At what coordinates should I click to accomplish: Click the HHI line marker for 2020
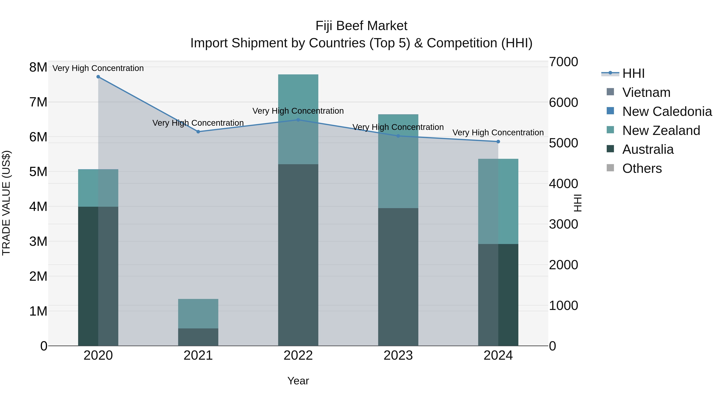tap(98, 77)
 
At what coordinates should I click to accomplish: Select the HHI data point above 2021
tap(198, 132)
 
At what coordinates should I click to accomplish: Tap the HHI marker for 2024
tap(498, 142)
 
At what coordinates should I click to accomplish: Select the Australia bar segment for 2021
tap(198, 337)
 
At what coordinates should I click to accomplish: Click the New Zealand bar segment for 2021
tap(198, 314)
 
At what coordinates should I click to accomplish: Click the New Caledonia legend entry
tap(667, 111)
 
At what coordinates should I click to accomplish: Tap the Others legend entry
tap(642, 168)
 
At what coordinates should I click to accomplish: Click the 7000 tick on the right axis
tap(563, 62)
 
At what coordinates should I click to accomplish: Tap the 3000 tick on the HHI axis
tap(563, 224)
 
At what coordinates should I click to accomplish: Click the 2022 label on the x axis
tap(298, 355)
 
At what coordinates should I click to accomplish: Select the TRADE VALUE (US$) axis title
tap(6, 203)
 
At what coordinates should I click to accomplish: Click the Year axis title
tap(298, 381)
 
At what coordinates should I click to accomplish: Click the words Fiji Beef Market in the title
tap(361, 26)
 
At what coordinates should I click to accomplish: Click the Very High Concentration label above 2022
tap(298, 111)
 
